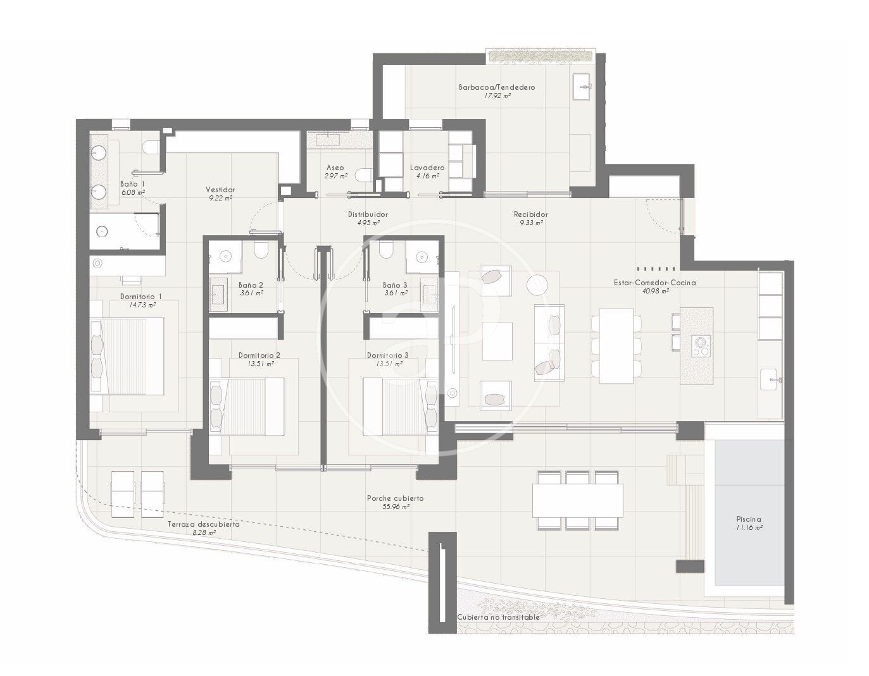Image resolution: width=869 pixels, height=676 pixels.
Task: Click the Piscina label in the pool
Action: (749, 519)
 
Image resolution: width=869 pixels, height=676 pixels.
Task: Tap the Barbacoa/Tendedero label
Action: (497, 87)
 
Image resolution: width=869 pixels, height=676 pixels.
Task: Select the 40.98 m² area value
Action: (656, 292)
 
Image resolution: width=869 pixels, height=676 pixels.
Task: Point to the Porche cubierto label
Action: (395, 498)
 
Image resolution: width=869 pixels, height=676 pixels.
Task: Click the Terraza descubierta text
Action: (204, 524)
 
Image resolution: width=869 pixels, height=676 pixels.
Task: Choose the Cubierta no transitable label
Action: (498, 617)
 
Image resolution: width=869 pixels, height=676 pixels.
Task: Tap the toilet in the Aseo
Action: (365, 175)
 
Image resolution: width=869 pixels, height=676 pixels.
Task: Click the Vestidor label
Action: (220, 190)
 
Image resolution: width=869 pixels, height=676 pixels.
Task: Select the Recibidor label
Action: (530, 214)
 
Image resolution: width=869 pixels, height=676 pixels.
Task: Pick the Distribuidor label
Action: (368, 214)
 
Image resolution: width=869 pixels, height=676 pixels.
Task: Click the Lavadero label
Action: (427, 168)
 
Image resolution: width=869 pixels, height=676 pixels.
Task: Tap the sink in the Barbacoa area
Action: (583, 86)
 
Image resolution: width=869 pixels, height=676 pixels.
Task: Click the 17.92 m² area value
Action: (497, 96)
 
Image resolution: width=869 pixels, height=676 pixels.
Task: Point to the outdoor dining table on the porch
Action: (577, 500)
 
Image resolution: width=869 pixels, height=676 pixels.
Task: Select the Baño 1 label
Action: (132, 184)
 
